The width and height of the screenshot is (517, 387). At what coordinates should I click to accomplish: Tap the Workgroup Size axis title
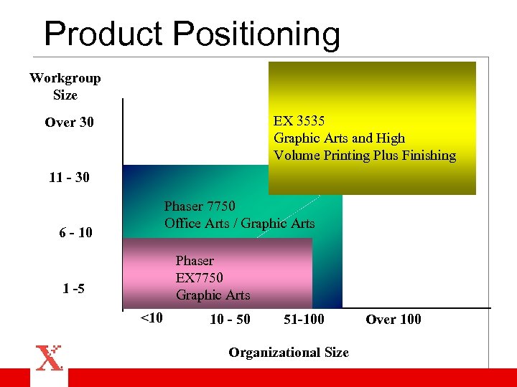[x=65, y=86]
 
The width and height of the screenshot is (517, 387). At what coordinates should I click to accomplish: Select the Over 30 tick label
[x=69, y=123]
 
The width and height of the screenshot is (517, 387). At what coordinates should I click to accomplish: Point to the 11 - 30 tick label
[x=69, y=177]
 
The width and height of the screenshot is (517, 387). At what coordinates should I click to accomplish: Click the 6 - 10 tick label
[x=75, y=233]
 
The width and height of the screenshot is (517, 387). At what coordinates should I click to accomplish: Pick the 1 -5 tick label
[x=73, y=289]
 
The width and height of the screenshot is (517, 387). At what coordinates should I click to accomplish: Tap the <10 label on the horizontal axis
[x=150, y=317]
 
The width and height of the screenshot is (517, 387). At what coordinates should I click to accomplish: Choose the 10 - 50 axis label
[x=230, y=320]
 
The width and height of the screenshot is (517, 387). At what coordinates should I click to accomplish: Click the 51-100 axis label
[x=304, y=320]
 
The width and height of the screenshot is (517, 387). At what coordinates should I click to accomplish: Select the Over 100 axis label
[x=393, y=320]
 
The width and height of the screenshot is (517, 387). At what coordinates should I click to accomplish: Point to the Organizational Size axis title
[x=289, y=352]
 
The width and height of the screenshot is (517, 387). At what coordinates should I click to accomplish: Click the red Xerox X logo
[x=50, y=358]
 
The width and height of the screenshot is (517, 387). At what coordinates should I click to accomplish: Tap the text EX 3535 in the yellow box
[x=299, y=121]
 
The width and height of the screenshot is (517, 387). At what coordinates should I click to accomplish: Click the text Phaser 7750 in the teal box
[x=200, y=206]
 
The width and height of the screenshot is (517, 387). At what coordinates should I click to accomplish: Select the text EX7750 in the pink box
[x=200, y=277]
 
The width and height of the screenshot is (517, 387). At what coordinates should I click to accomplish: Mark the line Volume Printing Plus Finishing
[x=365, y=156]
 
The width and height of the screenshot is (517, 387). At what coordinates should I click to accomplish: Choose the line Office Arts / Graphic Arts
[x=240, y=224]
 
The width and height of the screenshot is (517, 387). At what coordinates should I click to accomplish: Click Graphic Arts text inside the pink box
[x=213, y=295]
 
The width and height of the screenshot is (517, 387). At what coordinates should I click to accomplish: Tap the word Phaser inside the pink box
[x=195, y=260]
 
